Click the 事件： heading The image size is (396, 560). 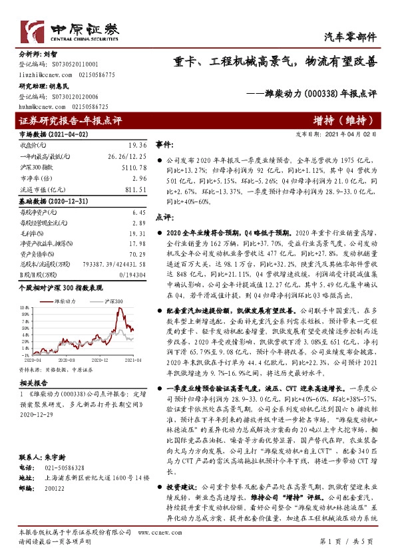pos(165,144)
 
